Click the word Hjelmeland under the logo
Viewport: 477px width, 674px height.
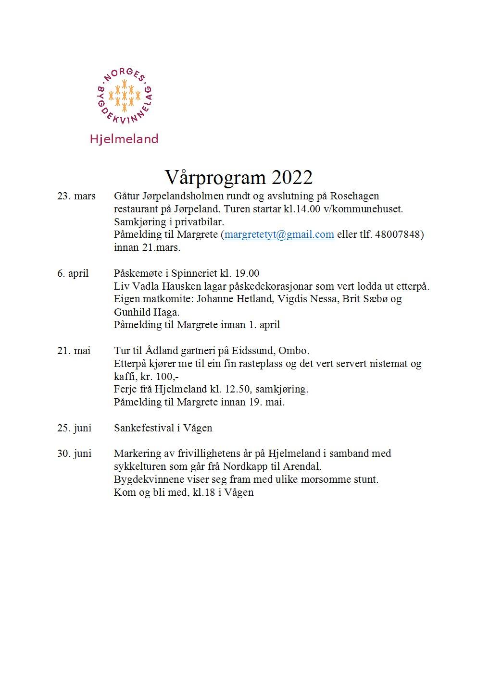tap(124, 139)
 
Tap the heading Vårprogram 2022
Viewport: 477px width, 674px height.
tap(238, 177)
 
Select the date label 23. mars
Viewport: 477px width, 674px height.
tap(76, 196)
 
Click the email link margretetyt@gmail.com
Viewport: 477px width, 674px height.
tap(279, 234)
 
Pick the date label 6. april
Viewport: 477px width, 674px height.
tap(73, 273)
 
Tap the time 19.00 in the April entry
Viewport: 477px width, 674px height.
tap(247, 273)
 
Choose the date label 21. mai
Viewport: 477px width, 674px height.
tap(74, 351)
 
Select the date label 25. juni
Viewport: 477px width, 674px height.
tap(75, 428)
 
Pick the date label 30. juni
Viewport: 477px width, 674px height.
tap(75, 453)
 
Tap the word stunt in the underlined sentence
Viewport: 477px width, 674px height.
tap(367, 479)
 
